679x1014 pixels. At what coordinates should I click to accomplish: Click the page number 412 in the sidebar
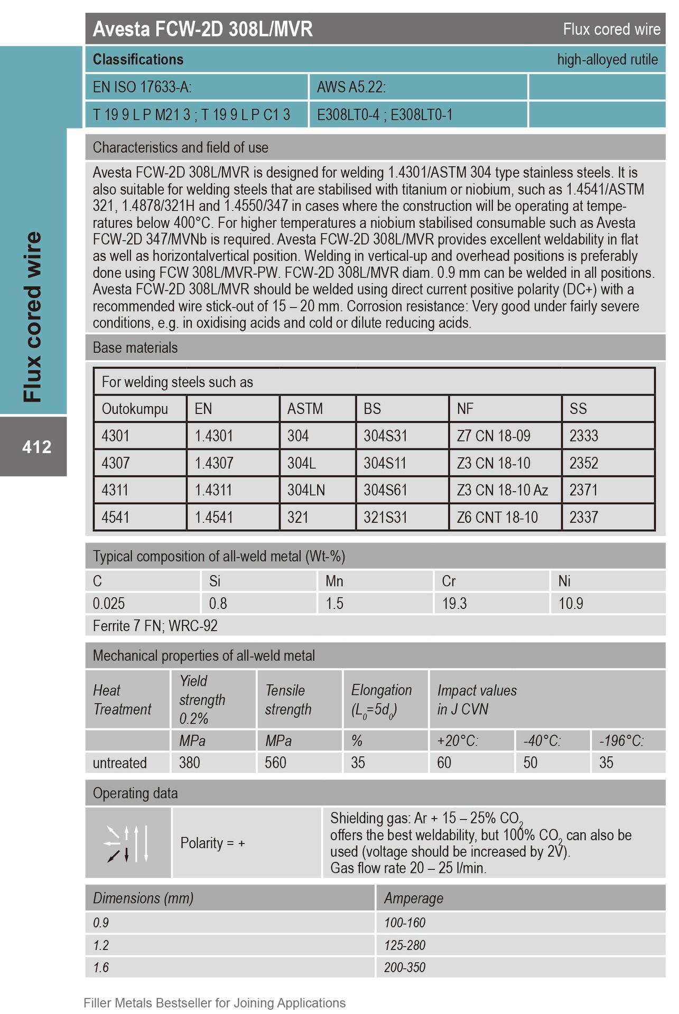click(36, 447)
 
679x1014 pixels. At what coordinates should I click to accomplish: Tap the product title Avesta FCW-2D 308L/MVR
click(202, 29)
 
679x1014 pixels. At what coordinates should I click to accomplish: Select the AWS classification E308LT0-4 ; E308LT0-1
click(384, 115)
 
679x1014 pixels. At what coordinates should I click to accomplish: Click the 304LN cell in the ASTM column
click(306, 490)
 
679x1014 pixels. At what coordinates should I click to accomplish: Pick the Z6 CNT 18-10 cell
click(497, 517)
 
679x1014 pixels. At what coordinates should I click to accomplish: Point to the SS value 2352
click(583, 463)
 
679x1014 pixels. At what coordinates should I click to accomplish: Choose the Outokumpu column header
click(135, 409)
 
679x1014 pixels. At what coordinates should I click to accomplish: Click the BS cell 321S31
click(385, 517)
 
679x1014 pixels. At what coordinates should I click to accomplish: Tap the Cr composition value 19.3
click(454, 603)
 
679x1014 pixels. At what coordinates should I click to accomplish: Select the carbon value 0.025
click(109, 603)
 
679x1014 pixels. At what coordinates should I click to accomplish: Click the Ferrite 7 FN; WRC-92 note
click(155, 626)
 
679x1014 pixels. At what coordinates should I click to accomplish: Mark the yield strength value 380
click(189, 763)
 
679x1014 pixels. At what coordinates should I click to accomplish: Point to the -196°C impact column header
click(621, 740)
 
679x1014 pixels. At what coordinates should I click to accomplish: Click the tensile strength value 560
click(275, 763)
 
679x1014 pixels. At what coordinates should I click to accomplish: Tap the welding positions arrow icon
click(128, 843)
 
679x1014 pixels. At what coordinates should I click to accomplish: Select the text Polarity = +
click(212, 843)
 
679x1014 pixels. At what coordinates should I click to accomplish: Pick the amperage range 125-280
click(404, 945)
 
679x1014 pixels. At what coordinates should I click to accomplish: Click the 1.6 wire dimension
click(101, 967)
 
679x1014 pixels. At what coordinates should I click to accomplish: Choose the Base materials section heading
click(135, 348)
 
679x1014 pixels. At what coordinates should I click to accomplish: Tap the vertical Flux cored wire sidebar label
click(33, 317)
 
